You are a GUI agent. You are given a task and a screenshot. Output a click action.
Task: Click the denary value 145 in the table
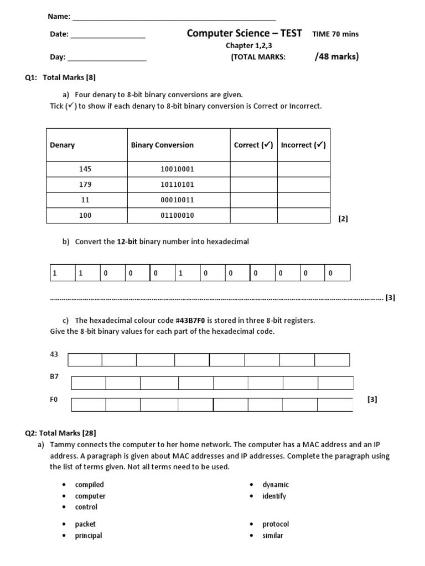coord(85,169)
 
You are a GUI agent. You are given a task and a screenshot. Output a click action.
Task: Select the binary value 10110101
coord(177,185)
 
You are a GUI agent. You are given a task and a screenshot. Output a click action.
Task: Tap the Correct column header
coord(253,145)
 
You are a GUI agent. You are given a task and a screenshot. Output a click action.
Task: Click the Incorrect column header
coord(303,145)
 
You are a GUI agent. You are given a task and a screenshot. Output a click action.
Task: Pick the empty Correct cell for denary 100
coord(253,216)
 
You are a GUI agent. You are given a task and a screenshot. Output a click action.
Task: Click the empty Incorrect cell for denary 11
coord(303,200)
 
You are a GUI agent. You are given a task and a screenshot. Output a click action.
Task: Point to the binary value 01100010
coord(177,216)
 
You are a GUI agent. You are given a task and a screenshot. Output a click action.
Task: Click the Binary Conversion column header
coord(162,145)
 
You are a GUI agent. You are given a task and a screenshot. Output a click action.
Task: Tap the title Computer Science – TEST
coord(244,33)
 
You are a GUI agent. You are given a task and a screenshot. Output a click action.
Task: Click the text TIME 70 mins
coord(335,34)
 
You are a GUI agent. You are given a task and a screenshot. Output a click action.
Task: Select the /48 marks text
coord(336,56)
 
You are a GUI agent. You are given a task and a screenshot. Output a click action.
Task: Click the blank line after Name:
coord(174,17)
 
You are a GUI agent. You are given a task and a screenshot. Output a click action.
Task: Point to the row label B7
coord(54,376)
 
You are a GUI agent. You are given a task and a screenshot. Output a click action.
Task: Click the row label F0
coord(54,399)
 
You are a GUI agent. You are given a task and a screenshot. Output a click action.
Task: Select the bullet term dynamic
coord(276,485)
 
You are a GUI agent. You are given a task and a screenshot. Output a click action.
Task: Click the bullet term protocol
coord(276,524)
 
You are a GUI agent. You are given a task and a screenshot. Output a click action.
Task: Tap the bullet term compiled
coord(90,485)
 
